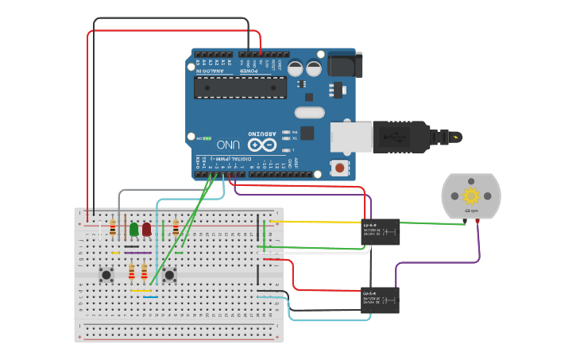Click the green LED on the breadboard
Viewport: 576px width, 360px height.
(133, 229)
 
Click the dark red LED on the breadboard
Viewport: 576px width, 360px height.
(146, 229)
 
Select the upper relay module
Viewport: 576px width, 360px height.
(381, 231)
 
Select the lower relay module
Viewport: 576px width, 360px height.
(381, 300)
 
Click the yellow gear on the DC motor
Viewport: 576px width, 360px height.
(471, 195)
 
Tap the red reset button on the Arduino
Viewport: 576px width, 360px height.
(340, 168)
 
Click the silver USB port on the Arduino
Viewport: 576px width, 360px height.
(350, 136)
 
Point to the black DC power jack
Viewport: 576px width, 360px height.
(345, 64)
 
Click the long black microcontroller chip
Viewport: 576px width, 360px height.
(240, 87)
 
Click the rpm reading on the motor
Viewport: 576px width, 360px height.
(470, 211)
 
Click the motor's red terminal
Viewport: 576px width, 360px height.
(477, 222)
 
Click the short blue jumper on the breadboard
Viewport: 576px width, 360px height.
(150, 297)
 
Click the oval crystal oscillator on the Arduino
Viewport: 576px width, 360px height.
(310, 113)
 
